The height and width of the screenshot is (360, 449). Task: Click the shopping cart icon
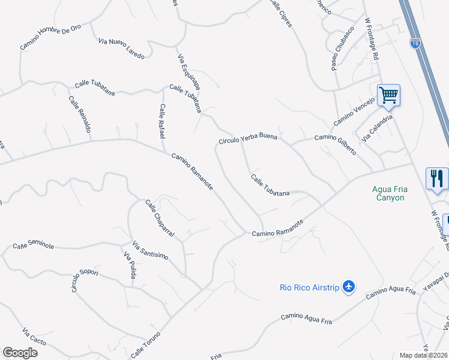[388, 95]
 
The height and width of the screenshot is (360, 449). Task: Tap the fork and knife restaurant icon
[436, 178]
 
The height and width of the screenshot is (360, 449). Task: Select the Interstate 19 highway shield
[415, 43]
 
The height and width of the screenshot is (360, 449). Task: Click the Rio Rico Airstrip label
[309, 287]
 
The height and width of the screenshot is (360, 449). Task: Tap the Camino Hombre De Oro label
[50, 37]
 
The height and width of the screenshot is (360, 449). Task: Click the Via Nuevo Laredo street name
[121, 49]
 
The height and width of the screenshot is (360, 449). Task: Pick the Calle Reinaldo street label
[79, 115]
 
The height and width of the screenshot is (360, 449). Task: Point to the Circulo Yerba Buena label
[247, 139]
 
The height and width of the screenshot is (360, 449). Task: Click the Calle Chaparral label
[159, 218]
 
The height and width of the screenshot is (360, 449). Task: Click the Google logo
[20, 353]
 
